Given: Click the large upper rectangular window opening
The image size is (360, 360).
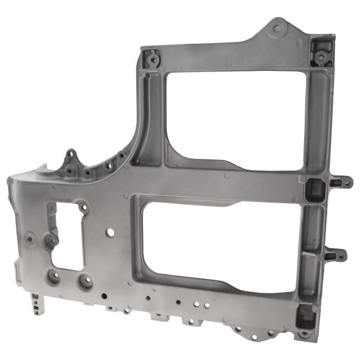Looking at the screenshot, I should pyautogui.click(x=235, y=119).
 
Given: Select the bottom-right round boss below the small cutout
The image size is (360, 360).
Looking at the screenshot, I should pyautogui.click(x=86, y=281).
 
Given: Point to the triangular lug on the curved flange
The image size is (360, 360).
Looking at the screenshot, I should pyautogui.click(x=70, y=158).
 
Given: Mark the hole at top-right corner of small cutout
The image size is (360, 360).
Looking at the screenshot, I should pyautogui.click(x=83, y=207).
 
